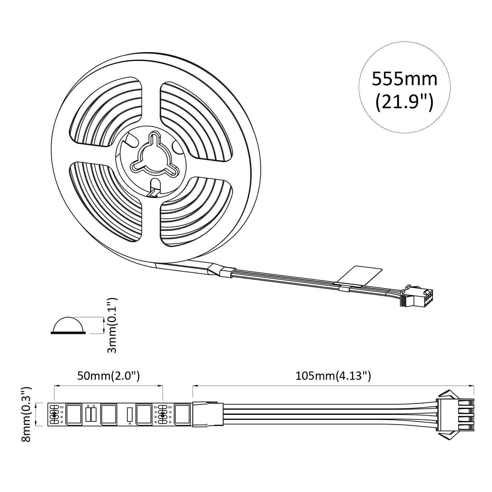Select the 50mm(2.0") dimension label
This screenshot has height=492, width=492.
click(x=108, y=376)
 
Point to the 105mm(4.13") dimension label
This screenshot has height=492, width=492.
click(x=333, y=376)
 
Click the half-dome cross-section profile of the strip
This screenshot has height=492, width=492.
click(x=68, y=325)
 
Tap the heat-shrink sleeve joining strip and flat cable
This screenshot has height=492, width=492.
click(x=208, y=414)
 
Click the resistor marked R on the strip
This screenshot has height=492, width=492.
click(x=129, y=414)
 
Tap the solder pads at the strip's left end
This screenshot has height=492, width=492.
click(x=54, y=414)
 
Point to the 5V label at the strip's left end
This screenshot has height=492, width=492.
click(x=61, y=407)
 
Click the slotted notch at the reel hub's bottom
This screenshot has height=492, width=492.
click(x=155, y=188)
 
